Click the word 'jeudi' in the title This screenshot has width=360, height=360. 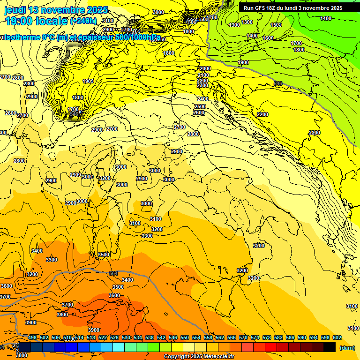click(15, 10)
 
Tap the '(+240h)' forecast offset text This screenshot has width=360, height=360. click(83, 21)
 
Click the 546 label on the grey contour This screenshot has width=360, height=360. click(278, 83)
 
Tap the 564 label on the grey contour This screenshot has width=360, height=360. click(113, 273)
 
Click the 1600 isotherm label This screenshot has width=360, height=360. click(268, 38)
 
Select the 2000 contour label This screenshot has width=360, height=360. click(205, 68)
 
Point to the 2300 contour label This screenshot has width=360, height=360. click(202, 85)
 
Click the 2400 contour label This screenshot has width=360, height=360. click(203, 99)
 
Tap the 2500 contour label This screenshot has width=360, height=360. click(200, 106)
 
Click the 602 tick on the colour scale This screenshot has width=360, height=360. click(337, 337)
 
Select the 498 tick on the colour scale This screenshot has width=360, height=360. click(32, 337)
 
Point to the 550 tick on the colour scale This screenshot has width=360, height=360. click(185, 337)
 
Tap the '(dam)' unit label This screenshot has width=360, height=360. click(347, 348)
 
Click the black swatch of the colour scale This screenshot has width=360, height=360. click(330, 347)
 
